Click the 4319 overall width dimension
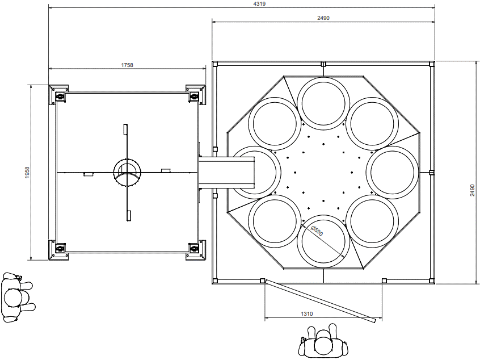(x=259, y=4)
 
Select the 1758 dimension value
(x=127, y=65)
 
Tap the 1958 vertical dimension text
(x=27, y=173)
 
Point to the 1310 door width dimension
(x=307, y=314)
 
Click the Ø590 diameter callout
(x=317, y=231)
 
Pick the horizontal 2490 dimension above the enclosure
(x=323, y=18)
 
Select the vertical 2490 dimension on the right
(x=473, y=190)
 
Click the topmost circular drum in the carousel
(x=323, y=102)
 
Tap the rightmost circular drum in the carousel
(x=392, y=172)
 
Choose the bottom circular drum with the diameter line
(x=323, y=241)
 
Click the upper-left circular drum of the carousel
(x=275, y=123)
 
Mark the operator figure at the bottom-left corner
(x=18, y=298)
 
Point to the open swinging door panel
(x=321, y=300)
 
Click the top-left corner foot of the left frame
(x=58, y=95)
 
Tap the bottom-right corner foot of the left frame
(x=196, y=250)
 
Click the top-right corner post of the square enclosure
(x=432, y=64)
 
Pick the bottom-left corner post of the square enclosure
(x=215, y=281)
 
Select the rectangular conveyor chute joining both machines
(x=226, y=172)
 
